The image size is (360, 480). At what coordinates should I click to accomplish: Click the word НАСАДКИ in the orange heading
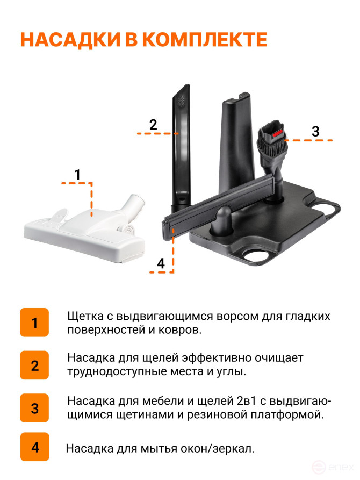pyautogui.click(x=70, y=39)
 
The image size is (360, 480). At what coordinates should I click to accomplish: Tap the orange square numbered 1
pyautogui.click(x=34, y=323)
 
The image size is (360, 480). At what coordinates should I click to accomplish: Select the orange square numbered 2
pyautogui.click(x=34, y=365)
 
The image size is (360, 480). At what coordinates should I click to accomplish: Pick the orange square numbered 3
pyautogui.click(x=34, y=408)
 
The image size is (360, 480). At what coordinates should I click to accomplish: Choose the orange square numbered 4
pyautogui.click(x=35, y=447)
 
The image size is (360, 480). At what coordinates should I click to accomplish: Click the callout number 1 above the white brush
pyautogui.click(x=77, y=175)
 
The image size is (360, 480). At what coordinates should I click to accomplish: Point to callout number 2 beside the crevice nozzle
pyautogui.click(x=153, y=125)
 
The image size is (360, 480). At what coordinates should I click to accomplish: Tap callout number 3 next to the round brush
pyautogui.click(x=315, y=131)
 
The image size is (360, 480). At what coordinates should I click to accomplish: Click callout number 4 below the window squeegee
pyautogui.click(x=161, y=263)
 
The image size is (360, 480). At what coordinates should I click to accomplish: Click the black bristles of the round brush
pyautogui.click(x=273, y=150)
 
